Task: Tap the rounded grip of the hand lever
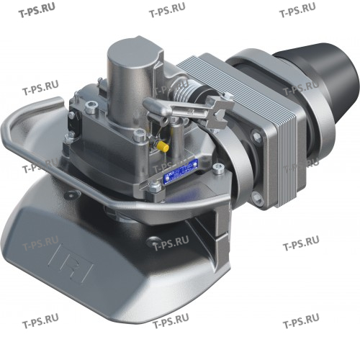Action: pos(156,108)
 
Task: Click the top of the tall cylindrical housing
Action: pos(133,53)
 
